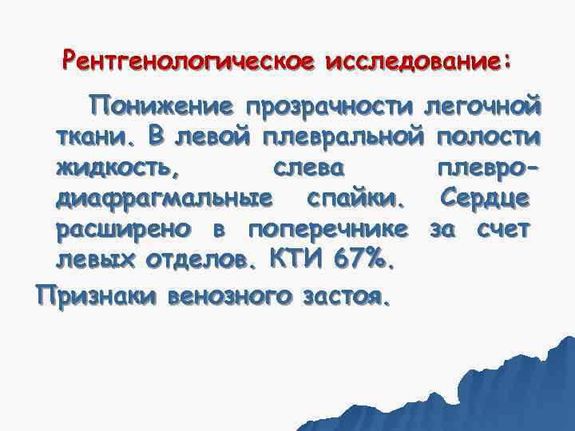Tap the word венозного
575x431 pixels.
[x=234, y=298]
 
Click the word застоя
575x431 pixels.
[x=349, y=298]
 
